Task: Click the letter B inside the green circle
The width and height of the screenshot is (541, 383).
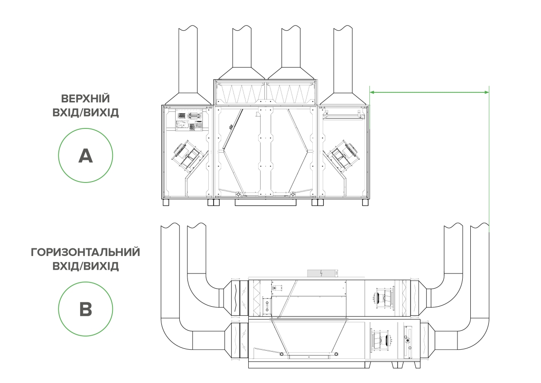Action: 85,310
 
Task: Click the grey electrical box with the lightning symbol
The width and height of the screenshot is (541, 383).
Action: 321,273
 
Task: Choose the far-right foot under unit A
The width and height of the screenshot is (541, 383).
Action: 365,202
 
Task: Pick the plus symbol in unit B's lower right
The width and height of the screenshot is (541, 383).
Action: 407,340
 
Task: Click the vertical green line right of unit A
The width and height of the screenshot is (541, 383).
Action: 488,156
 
